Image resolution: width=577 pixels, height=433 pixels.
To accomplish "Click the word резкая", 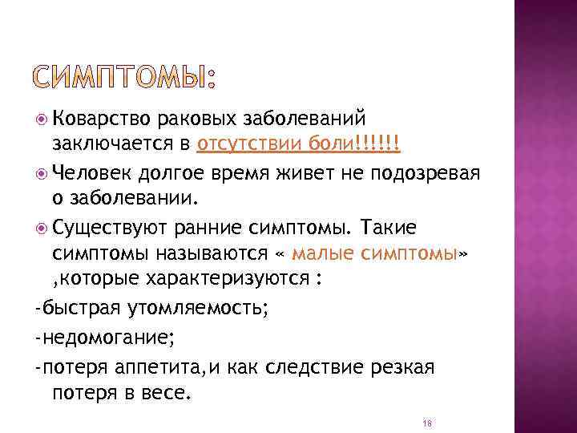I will point(400,367).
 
